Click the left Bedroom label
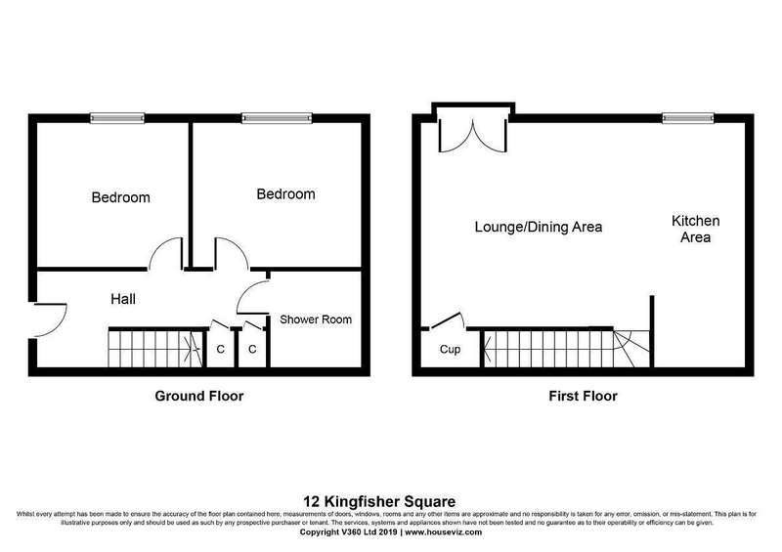click(120, 197)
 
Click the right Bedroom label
click(285, 194)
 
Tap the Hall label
click(123, 299)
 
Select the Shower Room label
click(316, 319)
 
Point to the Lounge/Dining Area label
click(539, 228)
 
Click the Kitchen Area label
click(696, 229)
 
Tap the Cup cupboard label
click(450, 350)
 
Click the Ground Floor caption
click(199, 396)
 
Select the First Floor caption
click(583, 396)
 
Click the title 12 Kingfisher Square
click(379, 501)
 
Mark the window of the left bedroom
click(117, 118)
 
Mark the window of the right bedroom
click(277, 118)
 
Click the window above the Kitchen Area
click(688, 118)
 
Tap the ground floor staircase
click(156, 349)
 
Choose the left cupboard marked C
click(220, 349)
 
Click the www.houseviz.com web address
click(444, 532)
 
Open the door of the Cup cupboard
click(448, 320)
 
